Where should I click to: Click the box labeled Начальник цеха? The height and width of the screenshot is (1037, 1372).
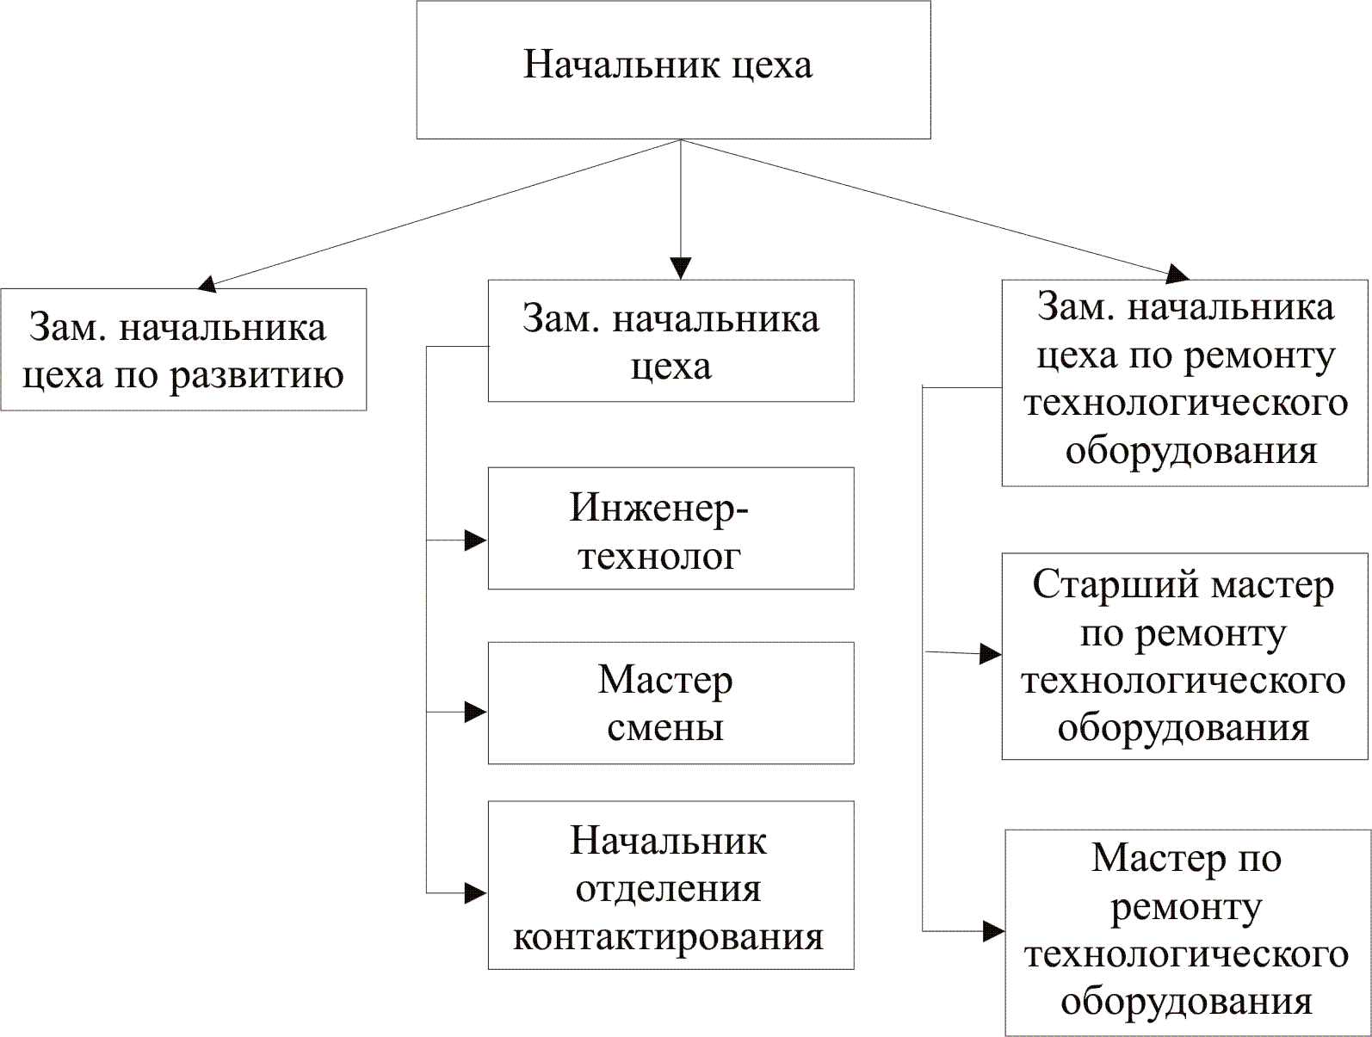(x=673, y=70)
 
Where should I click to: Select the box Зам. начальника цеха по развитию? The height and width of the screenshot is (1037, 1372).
(x=183, y=349)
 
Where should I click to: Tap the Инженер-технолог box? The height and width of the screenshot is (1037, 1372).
(x=671, y=528)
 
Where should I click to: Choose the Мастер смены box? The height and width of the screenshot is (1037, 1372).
(x=671, y=702)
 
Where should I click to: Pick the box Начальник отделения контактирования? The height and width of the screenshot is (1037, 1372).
(x=671, y=885)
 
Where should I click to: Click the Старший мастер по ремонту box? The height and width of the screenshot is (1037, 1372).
(x=1184, y=656)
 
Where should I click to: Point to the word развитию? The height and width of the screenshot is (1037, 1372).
(x=256, y=375)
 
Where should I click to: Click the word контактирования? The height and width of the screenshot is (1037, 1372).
(x=668, y=936)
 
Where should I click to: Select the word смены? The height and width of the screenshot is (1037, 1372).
(x=665, y=728)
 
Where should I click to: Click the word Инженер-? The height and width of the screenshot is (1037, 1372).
(x=659, y=508)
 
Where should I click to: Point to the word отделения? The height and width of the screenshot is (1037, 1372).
(x=668, y=888)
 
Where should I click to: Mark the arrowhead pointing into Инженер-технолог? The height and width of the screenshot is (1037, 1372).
(x=476, y=540)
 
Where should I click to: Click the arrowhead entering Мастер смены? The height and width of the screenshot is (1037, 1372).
(x=476, y=712)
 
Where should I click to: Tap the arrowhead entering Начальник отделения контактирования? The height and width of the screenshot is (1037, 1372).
(x=476, y=893)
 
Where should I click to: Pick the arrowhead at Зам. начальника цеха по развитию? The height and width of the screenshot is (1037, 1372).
(x=207, y=282)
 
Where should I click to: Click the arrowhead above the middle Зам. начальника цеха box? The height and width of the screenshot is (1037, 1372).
(x=681, y=269)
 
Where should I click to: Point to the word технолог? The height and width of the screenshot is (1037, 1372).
(x=659, y=556)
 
